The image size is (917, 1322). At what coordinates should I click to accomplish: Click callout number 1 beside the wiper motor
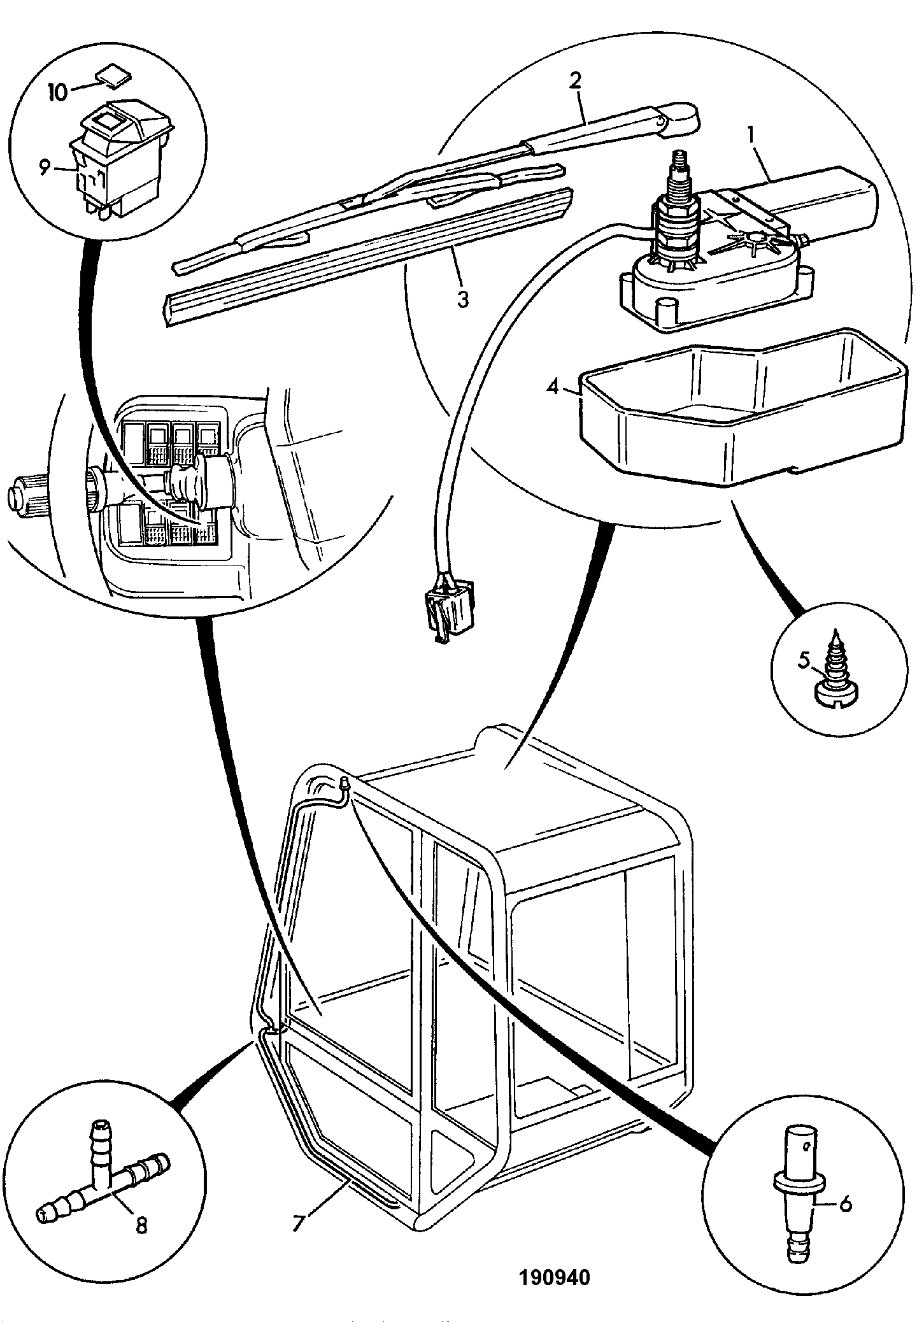[x=751, y=135]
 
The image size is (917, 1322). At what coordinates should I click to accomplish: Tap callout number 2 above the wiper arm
[x=574, y=81]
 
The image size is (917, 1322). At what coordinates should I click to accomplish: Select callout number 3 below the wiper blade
[x=463, y=299]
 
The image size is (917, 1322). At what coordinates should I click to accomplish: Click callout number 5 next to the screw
[x=804, y=660]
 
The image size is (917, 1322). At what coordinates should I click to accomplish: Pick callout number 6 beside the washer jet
[x=844, y=1204]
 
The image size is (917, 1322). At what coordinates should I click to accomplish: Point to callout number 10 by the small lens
[x=57, y=92]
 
